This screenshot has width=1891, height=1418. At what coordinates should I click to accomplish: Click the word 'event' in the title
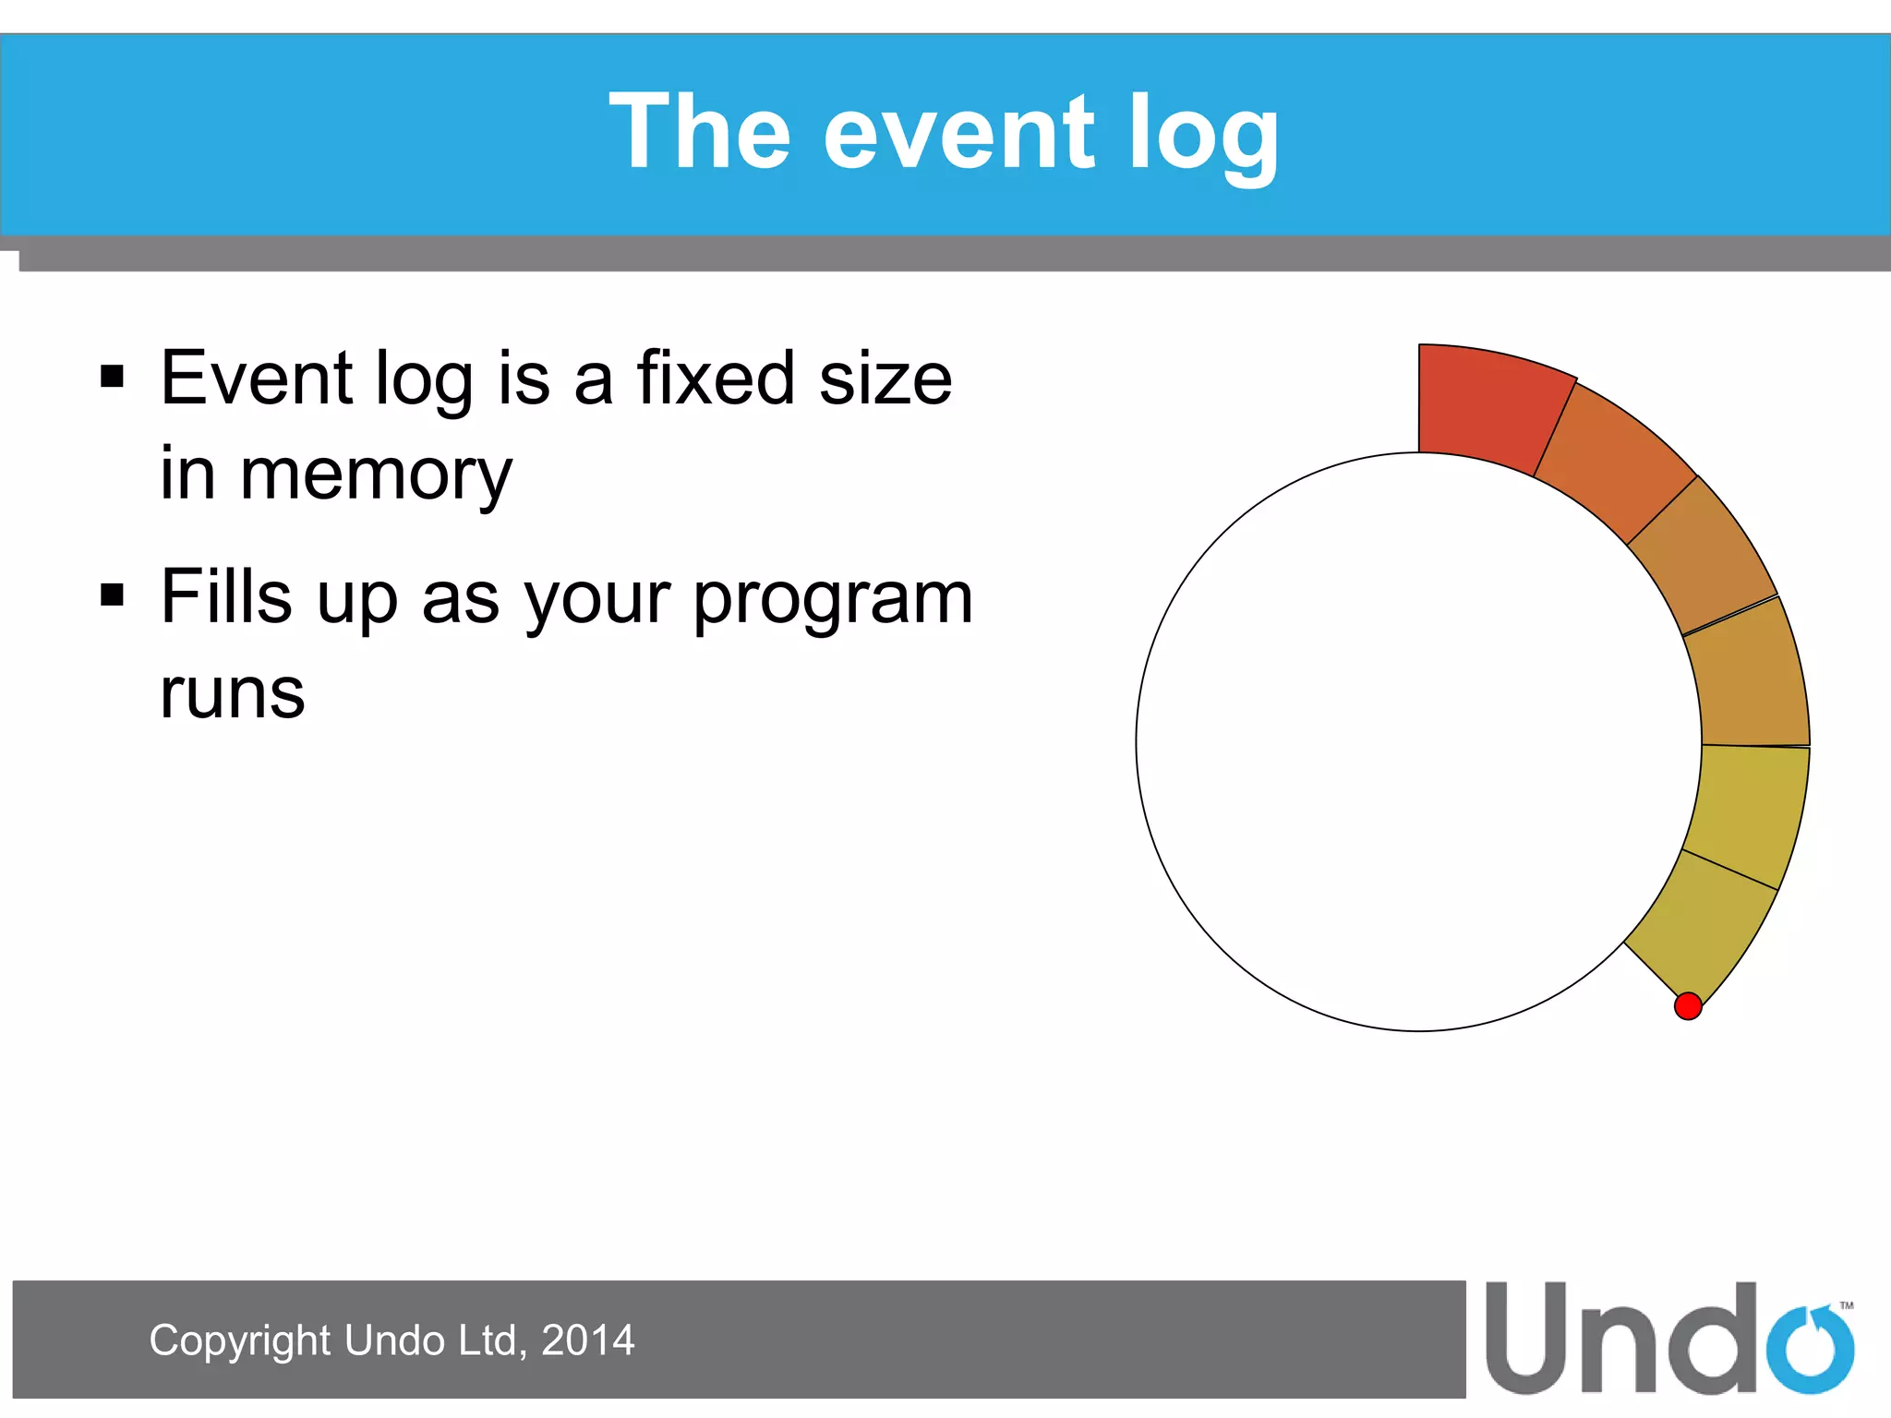958,134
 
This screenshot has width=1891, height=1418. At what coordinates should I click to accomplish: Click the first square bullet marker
112,377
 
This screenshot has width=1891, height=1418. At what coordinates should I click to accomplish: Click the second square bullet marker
112,595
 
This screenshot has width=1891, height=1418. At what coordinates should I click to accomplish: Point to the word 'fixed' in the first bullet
715,378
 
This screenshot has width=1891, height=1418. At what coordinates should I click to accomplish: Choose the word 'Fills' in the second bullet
227,596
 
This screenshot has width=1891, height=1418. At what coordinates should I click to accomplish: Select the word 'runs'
232,692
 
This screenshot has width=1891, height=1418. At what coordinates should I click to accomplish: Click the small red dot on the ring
1688,1005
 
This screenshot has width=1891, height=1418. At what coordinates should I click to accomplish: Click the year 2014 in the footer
587,1340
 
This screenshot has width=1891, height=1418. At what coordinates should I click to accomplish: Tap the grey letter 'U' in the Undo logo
1526,1339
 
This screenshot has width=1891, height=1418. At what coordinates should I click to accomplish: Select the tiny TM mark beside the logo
1847,1305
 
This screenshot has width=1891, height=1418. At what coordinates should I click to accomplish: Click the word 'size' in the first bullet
885,378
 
